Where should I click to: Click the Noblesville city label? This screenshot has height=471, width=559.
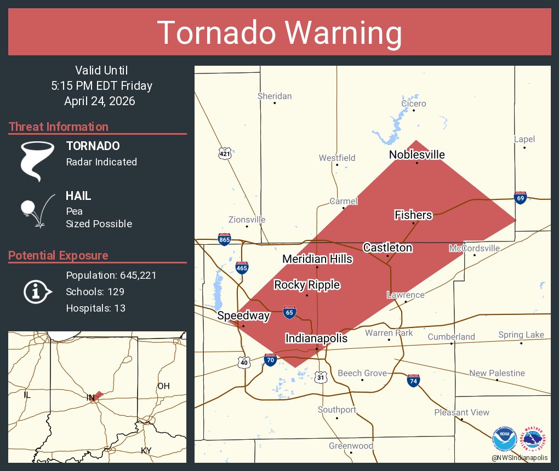[x=417, y=155]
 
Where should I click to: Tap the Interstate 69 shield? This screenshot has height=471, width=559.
[x=520, y=198]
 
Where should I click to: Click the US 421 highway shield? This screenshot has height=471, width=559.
[x=225, y=154]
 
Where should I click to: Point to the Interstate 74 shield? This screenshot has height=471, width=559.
[x=414, y=381]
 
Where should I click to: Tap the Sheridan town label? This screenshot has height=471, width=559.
[x=275, y=96]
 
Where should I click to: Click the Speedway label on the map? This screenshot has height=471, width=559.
[x=243, y=315]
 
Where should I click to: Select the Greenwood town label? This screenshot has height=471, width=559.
[x=351, y=446]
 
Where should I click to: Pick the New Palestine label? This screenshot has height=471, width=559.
[x=497, y=373]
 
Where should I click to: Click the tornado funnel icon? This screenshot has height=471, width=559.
[x=37, y=160]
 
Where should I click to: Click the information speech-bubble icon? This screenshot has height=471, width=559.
[x=37, y=291]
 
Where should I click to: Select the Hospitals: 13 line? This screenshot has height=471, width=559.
[x=96, y=308]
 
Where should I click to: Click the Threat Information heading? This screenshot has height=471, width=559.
[x=59, y=127]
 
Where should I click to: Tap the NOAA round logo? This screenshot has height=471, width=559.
[x=505, y=439]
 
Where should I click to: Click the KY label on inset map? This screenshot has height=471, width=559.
[x=146, y=450]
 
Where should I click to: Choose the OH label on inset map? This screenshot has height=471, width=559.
[x=163, y=386]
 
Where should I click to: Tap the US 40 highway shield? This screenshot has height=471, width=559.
[x=244, y=362]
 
